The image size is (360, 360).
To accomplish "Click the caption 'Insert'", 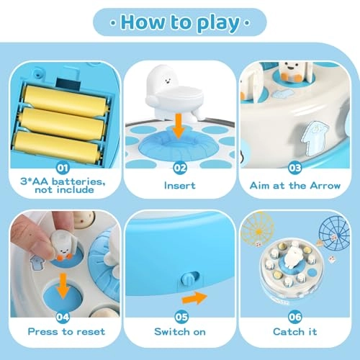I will point(180,184).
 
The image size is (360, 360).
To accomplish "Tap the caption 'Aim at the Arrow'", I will point(297,184).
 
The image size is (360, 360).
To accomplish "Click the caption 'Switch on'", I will point(180,331).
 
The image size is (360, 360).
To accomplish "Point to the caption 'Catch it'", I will point(297,331).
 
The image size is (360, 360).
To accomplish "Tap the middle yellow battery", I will point(63,117).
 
